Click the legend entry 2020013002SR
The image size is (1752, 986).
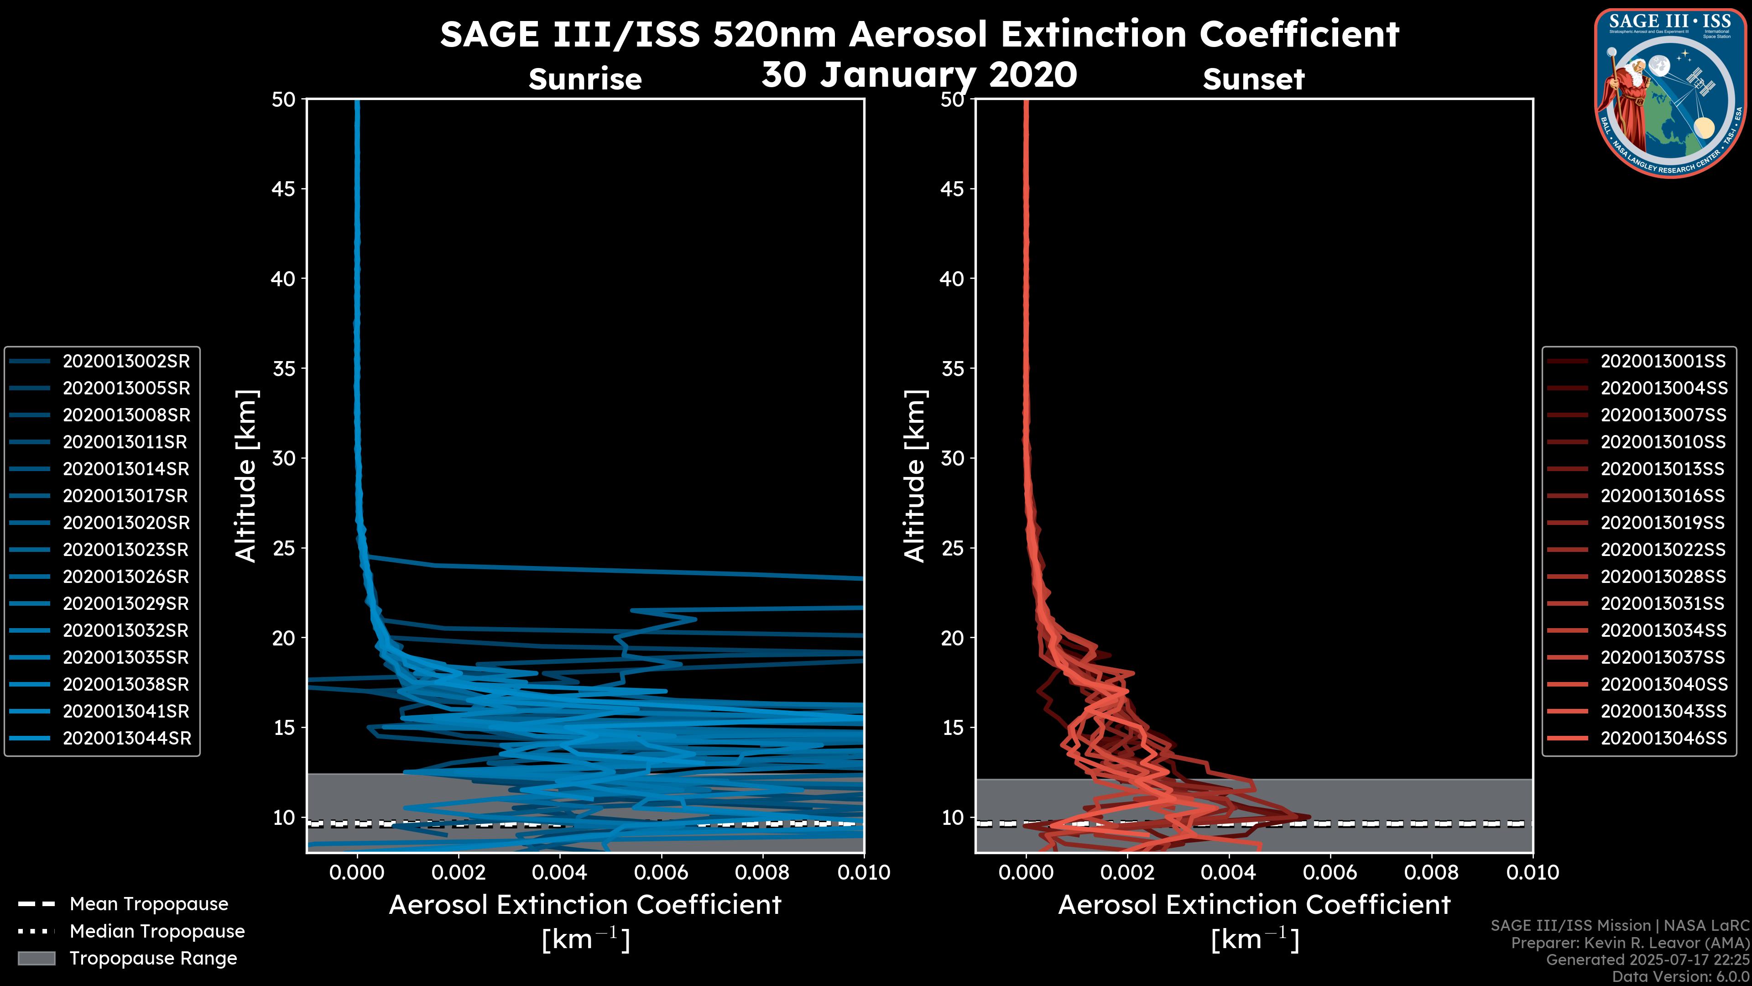[126, 362]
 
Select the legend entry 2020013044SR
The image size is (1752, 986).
[126, 738]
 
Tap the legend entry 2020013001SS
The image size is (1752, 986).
[1663, 362]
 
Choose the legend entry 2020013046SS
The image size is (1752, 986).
[1663, 738]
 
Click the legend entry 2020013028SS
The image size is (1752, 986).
[1663, 577]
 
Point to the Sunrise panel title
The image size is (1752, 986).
[585, 79]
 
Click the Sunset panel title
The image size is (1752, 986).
[1253, 79]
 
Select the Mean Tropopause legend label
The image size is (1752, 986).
[149, 904]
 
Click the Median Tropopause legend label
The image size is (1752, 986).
[157, 932]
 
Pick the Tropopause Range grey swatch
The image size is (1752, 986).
[36, 959]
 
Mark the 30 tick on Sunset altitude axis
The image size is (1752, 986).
[952, 459]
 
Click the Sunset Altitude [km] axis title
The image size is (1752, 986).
[915, 476]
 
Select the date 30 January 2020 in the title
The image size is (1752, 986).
[919, 75]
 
